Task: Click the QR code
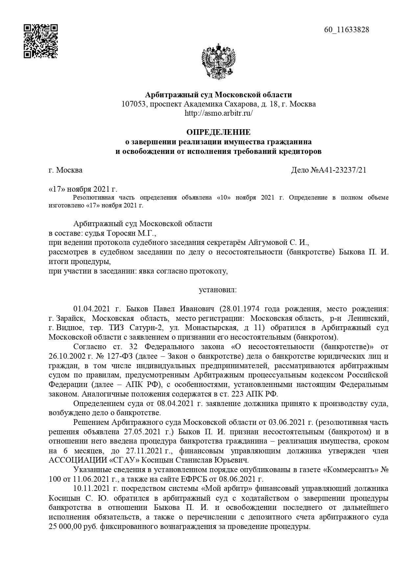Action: coord(41,41)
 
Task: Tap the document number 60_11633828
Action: coord(347,30)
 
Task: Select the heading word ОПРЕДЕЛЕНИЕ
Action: coord(218,132)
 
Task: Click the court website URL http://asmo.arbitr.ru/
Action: coord(219,113)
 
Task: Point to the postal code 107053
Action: coord(133,104)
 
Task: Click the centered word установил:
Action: coord(218,290)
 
